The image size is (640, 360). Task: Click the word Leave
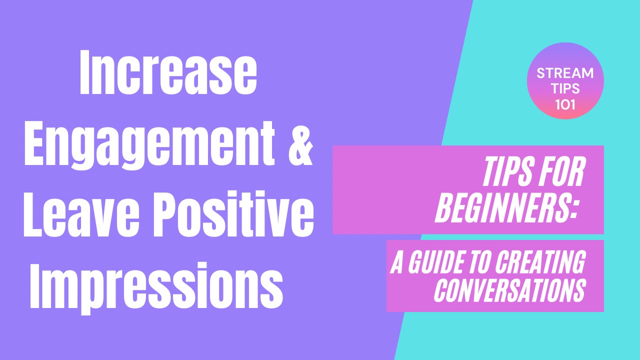pyautogui.click(x=81, y=214)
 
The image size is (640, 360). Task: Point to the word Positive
pyautogui.click(x=233, y=214)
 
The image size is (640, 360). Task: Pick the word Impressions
pyautogui.click(x=156, y=288)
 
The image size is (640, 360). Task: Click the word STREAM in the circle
pyautogui.click(x=565, y=73)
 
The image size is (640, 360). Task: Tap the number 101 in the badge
pyautogui.click(x=565, y=104)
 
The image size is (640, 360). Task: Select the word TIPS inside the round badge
pyautogui.click(x=565, y=88)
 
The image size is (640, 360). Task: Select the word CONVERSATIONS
pyautogui.click(x=510, y=290)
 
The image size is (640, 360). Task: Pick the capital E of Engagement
pyautogui.click(x=34, y=143)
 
